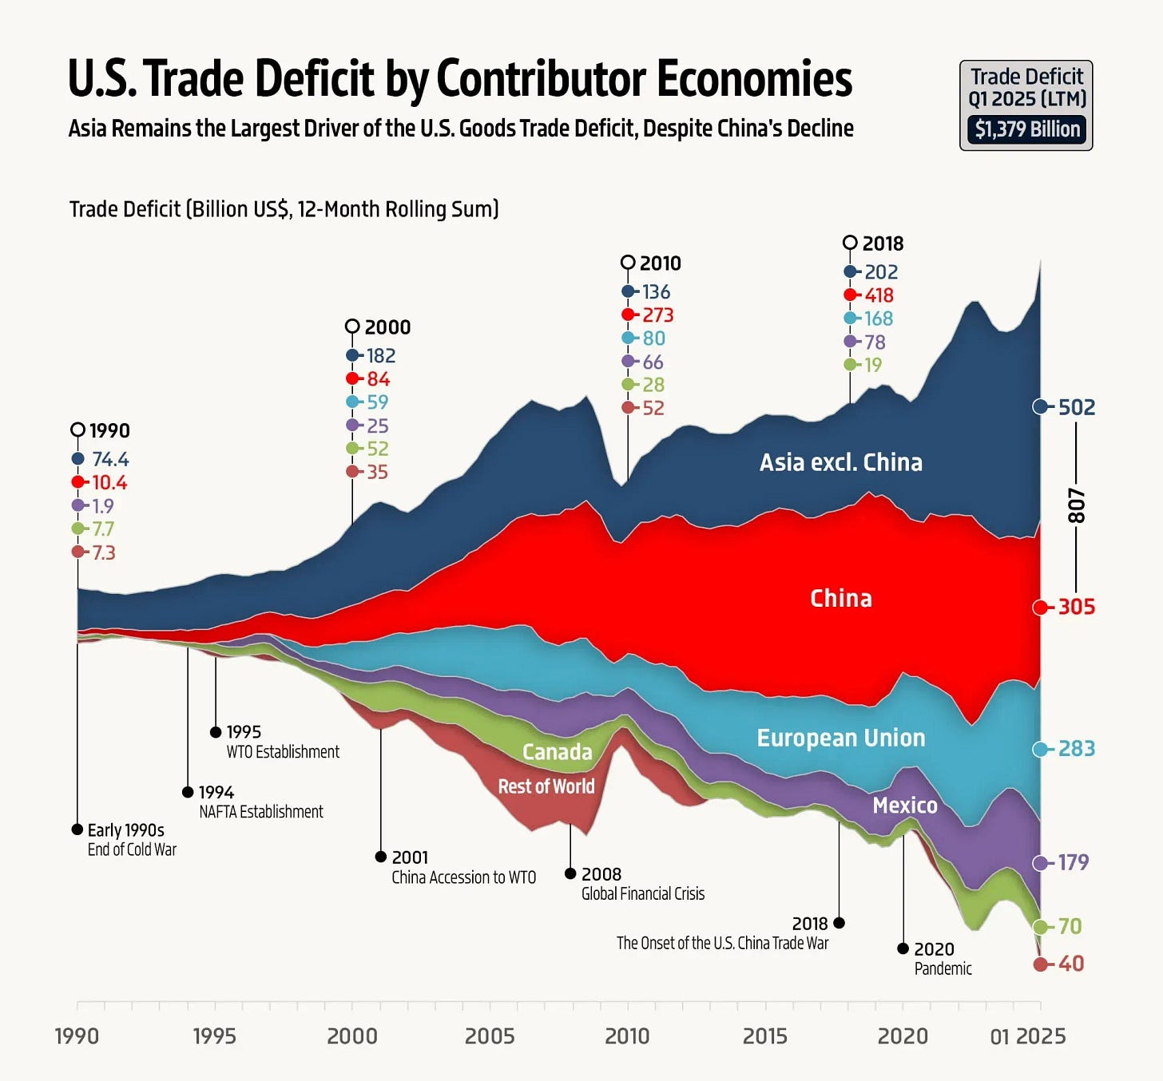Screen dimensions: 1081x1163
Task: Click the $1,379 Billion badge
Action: pyautogui.click(x=1026, y=129)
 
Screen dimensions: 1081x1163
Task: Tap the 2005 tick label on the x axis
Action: pyautogui.click(x=490, y=1035)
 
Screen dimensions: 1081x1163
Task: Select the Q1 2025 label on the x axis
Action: pyautogui.click(x=1027, y=1035)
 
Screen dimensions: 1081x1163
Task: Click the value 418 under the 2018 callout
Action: pyautogui.click(x=879, y=295)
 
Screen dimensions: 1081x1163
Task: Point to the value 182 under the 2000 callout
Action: pyautogui.click(x=381, y=355)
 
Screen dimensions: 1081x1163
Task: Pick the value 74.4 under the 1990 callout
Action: pyautogui.click(x=110, y=459)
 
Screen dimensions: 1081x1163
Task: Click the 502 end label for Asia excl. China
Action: pyautogui.click(x=1076, y=407)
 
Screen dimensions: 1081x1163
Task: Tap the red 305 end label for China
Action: pyautogui.click(x=1076, y=607)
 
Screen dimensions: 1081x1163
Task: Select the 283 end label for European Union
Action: pyautogui.click(x=1076, y=749)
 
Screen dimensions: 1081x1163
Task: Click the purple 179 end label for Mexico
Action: pyautogui.click(x=1073, y=862)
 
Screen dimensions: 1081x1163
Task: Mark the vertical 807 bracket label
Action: pyautogui.click(x=1077, y=505)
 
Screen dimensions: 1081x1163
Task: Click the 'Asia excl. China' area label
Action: pyautogui.click(x=840, y=462)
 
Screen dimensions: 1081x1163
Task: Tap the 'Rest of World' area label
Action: pyautogui.click(x=546, y=786)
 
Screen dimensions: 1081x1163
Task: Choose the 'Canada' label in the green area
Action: pyautogui.click(x=557, y=752)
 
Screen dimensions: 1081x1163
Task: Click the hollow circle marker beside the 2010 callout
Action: pyautogui.click(x=628, y=263)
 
